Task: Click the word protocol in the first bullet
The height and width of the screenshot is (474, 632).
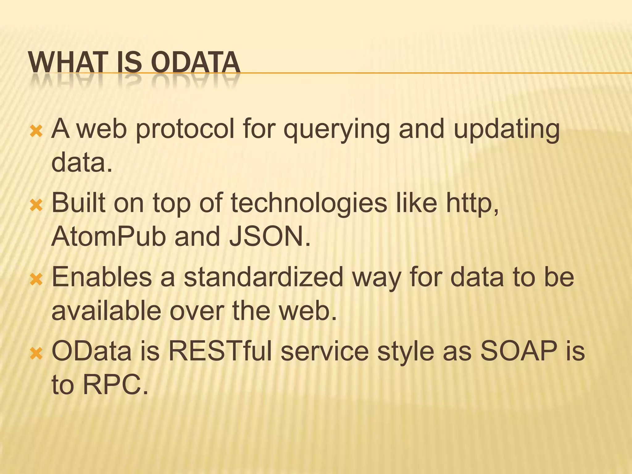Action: pyautogui.click(x=185, y=129)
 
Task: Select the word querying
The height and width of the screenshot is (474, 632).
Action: pyautogui.click(x=336, y=130)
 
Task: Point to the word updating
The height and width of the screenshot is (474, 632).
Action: pyautogui.click(x=506, y=130)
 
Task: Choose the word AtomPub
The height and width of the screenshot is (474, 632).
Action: pyautogui.click(x=109, y=236)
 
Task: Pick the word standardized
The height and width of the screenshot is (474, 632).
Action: pyautogui.click(x=264, y=277)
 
